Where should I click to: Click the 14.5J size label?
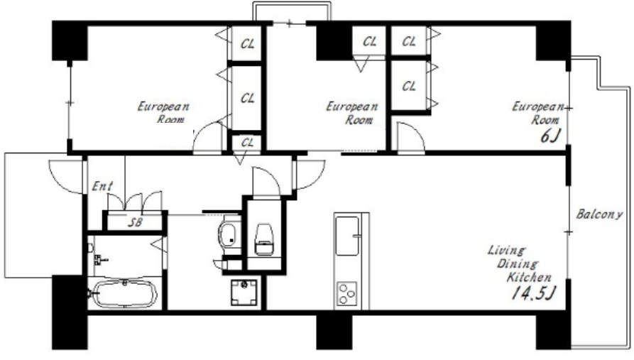(x=534, y=293)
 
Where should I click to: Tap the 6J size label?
(x=550, y=136)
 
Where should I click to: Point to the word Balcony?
(x=599, y=214)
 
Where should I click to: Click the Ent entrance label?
(x=102, y=186)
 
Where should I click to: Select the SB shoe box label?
(x=135, y=222)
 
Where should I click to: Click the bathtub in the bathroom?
(x=124, y=294)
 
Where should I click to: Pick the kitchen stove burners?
(x=347, y=294)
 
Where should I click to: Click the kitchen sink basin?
(x=347, y=236)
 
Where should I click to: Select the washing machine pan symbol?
(x=244, y=293)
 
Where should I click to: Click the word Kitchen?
(x=529, y=278)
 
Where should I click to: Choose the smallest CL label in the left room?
(x=248, y=143)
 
